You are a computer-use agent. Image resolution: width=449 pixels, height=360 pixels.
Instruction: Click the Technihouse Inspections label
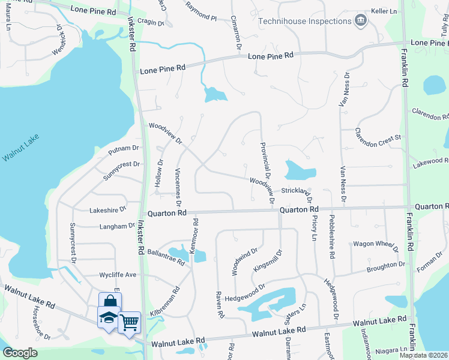click(304, 21)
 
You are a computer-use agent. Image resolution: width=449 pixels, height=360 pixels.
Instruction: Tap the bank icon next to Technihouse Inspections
click(361, 21)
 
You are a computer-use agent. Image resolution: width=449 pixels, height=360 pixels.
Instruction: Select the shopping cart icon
click(130, 322)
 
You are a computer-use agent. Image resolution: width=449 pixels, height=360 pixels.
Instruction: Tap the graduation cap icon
click(108, 316)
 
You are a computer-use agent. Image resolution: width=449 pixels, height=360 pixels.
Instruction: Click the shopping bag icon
click(110, 301)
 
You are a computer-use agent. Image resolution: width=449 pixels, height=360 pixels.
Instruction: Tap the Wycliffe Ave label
click(118, 275)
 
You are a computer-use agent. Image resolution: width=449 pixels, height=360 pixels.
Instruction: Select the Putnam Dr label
click(124, 148)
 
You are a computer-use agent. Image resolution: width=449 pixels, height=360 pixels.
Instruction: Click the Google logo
click(20, 353)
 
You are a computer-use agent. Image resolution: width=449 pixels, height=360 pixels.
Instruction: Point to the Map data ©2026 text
click(423, 355)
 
